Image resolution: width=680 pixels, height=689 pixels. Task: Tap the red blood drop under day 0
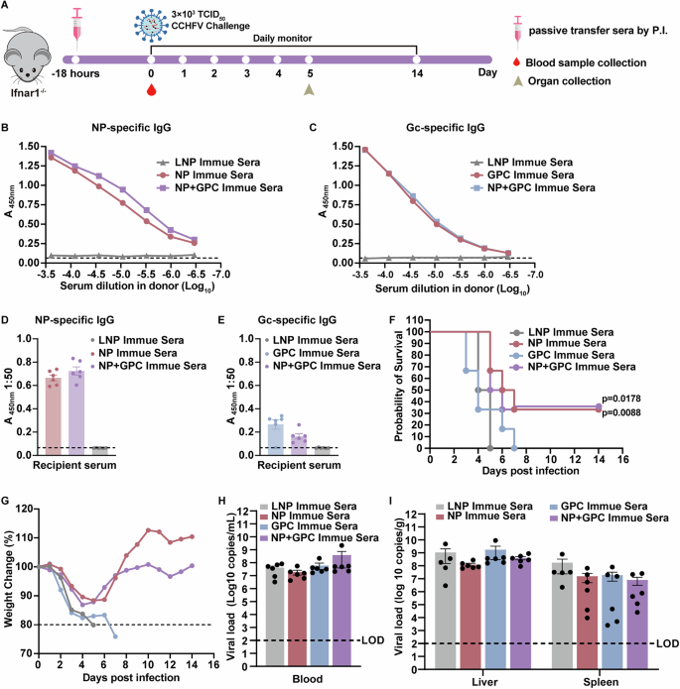coord(151,90)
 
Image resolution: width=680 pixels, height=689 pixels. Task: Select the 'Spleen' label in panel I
coord(601,674)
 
